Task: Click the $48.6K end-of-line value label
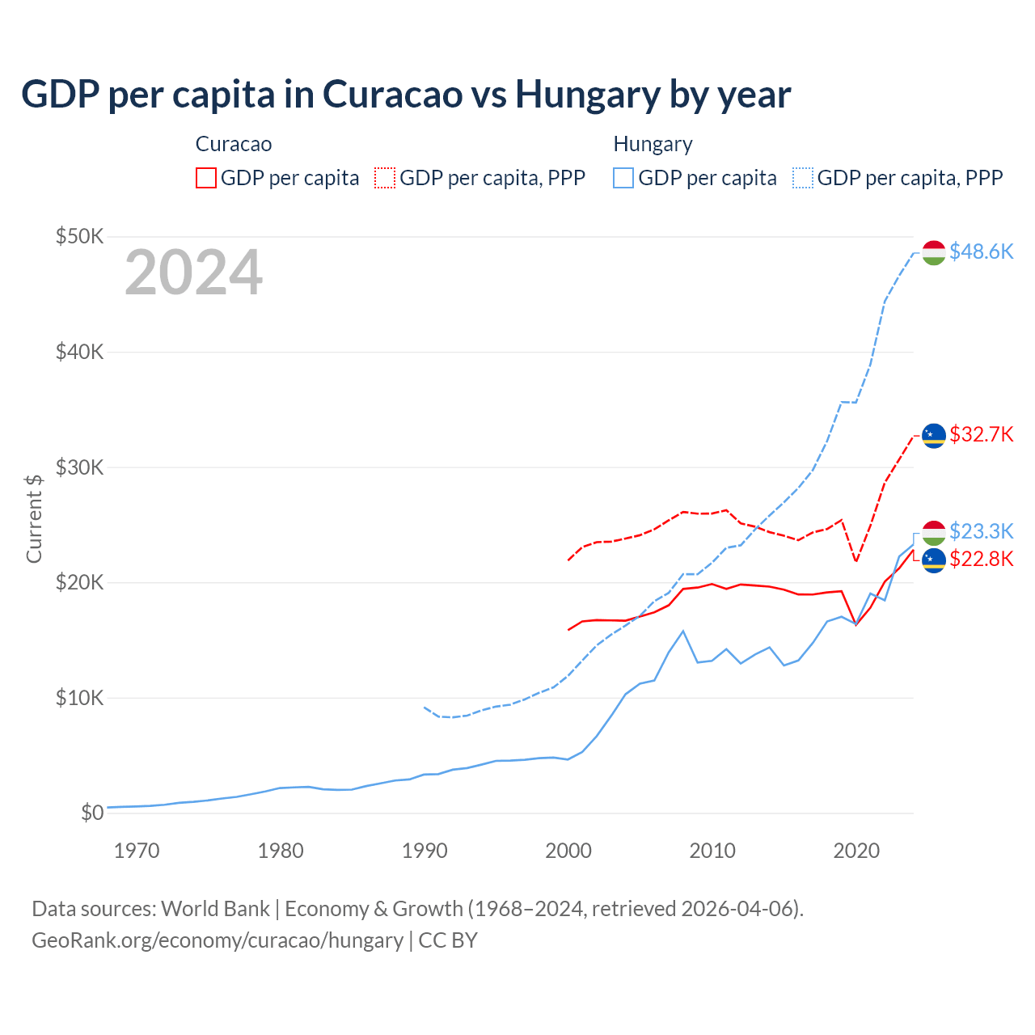click(x=981, y=251)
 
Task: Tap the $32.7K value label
click(x=981, y=434)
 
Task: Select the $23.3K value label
click(x=981, y=531)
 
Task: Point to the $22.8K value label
click(x=981, y=559)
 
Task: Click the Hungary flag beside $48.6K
click(x=934, y=252)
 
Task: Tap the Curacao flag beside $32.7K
click(x=934, y=436)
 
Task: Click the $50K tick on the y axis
click(x=79, y=236)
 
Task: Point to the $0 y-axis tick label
click(x=92, y=813)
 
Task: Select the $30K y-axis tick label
click(x=79, y=467)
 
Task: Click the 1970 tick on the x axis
click(x=137, y=851)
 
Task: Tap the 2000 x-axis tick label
click(x=568, y=851)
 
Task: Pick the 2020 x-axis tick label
click(x=856, y=851)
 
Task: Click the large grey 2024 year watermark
click(x=193, y=272)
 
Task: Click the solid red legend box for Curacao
click(x=206, y=178)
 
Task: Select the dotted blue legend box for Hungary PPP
click(x=803, y=178)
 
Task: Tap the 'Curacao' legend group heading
click(x=234, y=144)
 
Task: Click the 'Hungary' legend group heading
click(x=653, y=144)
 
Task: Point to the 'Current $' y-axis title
click(x=34, y=518)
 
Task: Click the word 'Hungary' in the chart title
click(x=588, y=95)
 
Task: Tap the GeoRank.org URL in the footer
click(x=218, y=940)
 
